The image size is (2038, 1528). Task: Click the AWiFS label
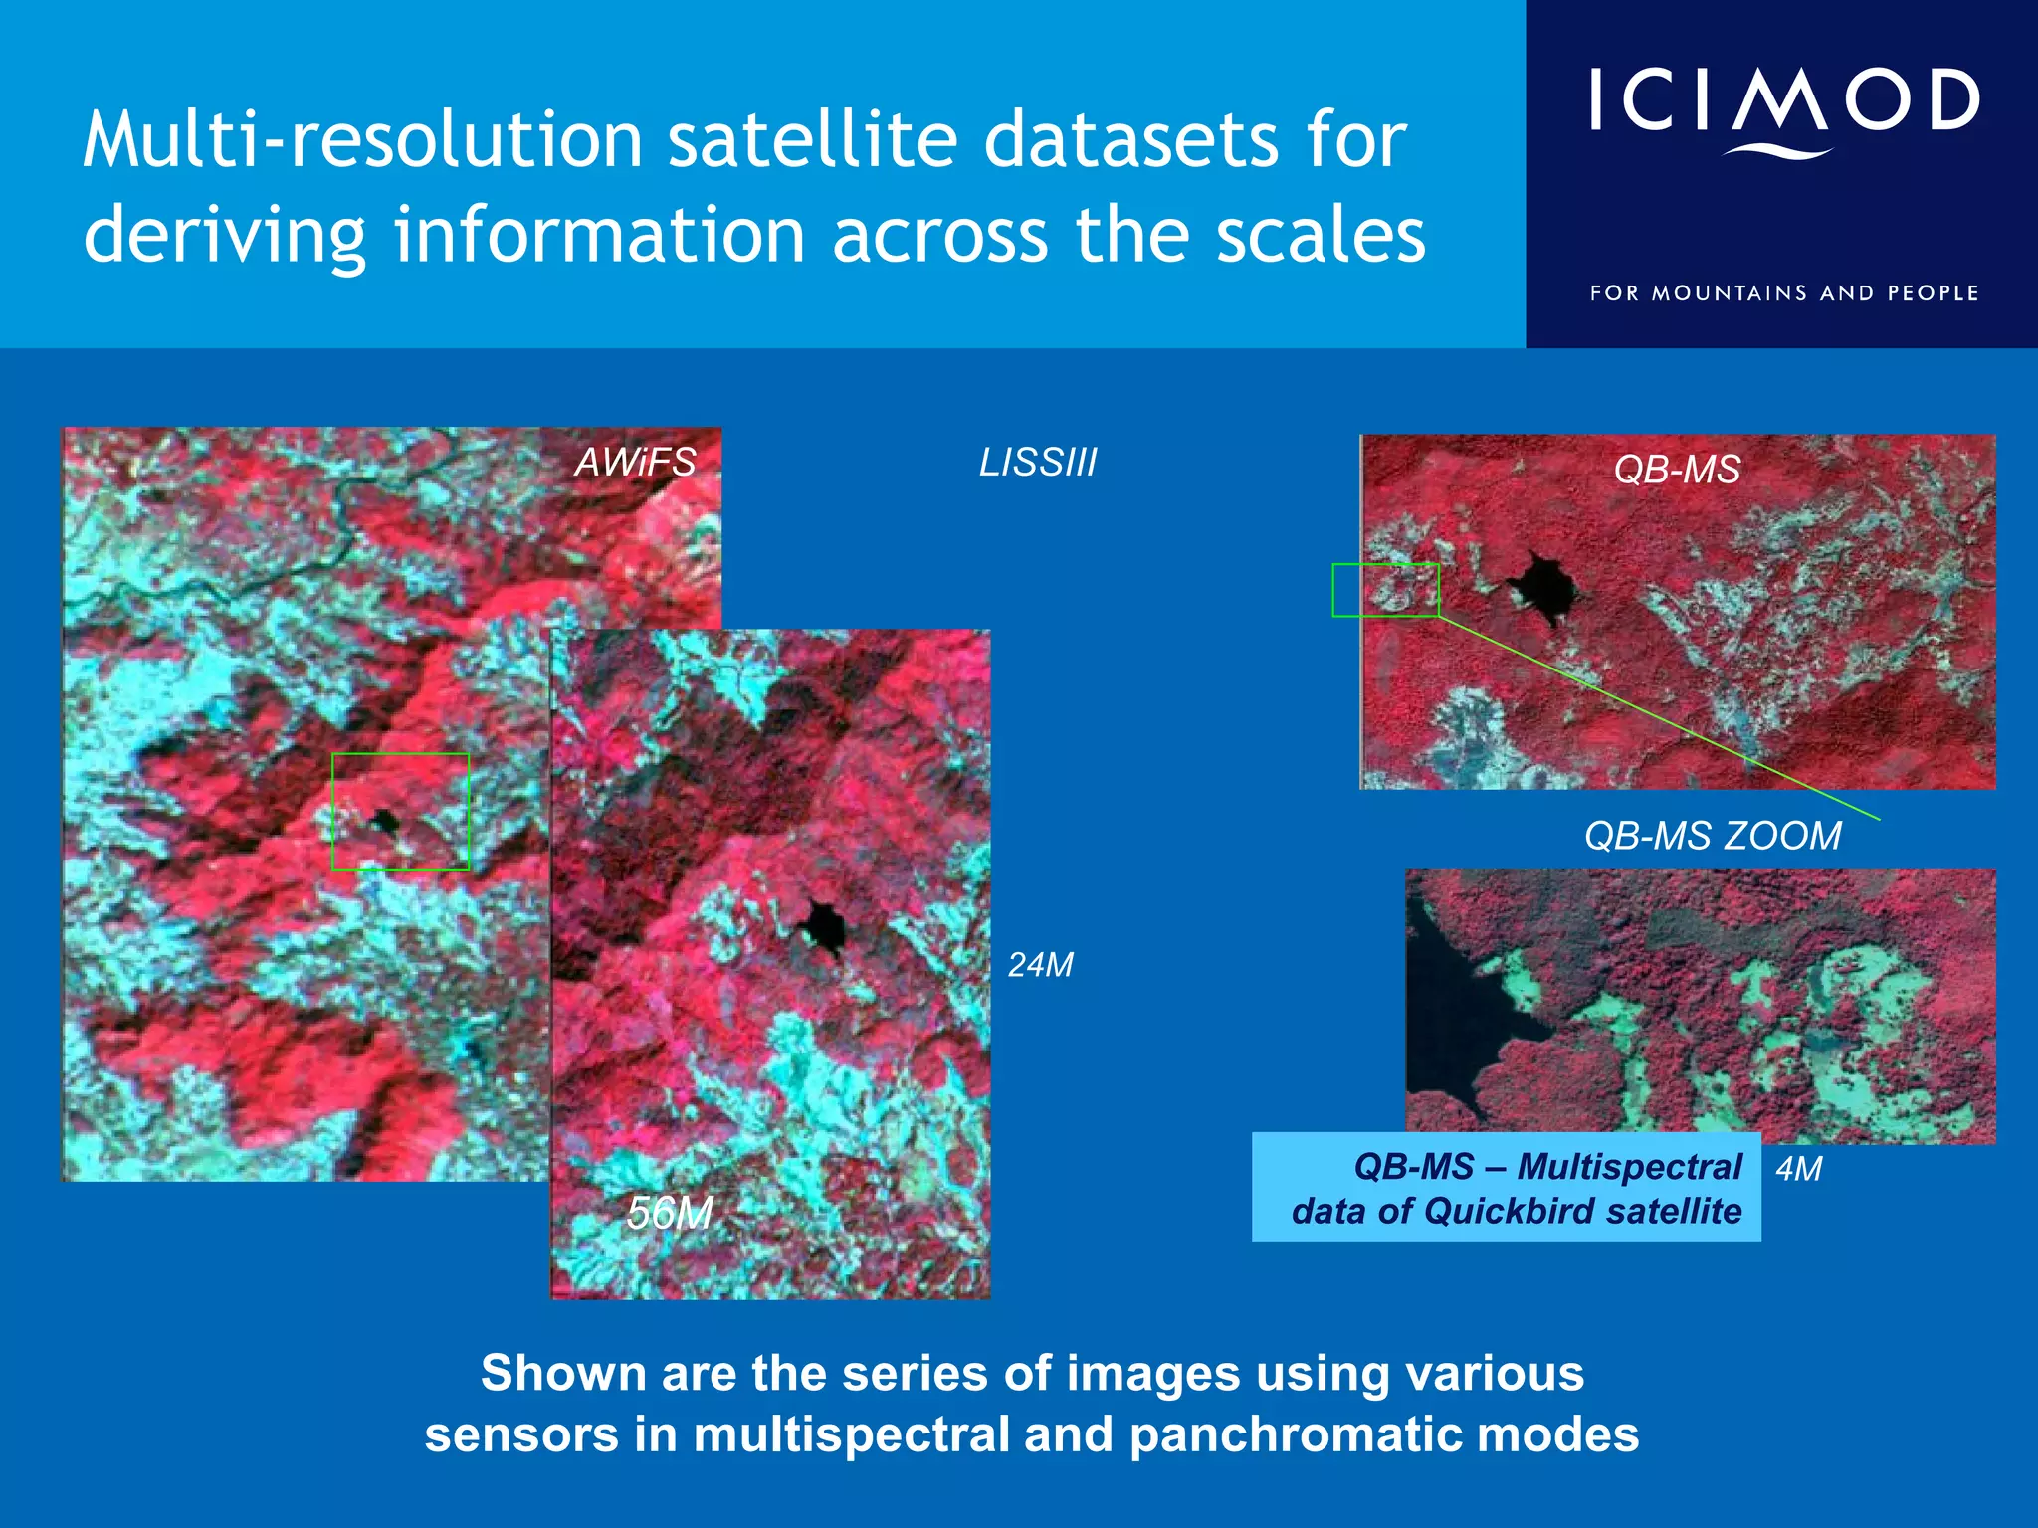[x=635, y=462]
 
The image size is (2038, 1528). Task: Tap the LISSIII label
[x=1038, y=462]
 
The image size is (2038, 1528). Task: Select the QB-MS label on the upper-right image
[x=1677, y=469]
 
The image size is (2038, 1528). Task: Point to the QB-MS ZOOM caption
[x=1713, y=836]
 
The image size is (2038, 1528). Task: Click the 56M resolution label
[x=670, y=1213]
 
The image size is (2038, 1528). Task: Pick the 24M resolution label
[x=1041, y=965]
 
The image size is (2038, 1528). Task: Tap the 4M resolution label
[x=1799, y=1169]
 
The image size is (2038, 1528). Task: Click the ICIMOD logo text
[x=1783, y=102]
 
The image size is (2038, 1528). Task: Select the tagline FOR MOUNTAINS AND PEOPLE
[x=1783, y=293]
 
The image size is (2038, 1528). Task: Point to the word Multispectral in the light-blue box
[x=1629, y=1166]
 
